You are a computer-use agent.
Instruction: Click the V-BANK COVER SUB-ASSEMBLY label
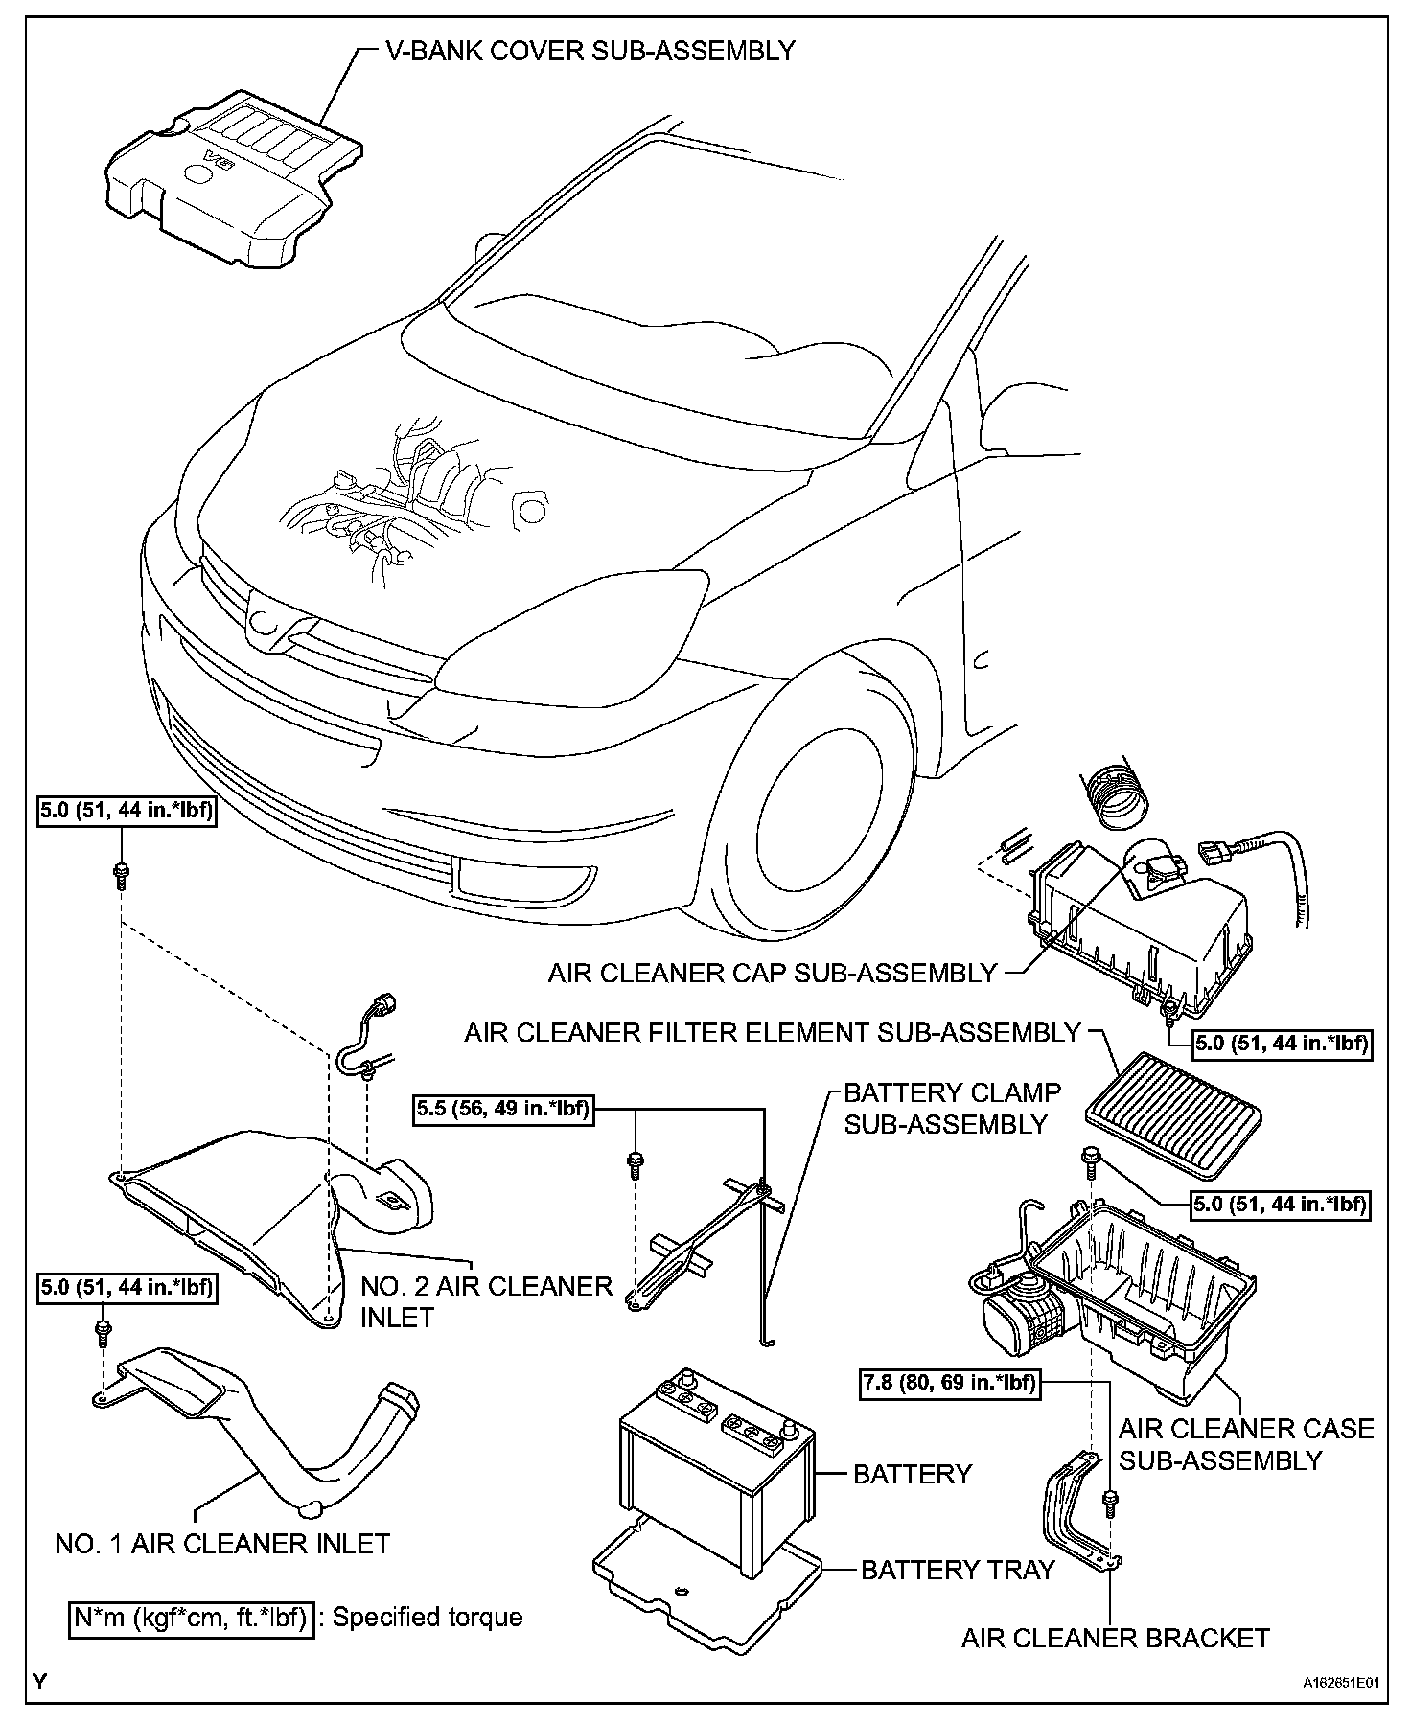[x=590, y=51]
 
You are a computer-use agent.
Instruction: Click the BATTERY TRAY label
[x=957, y=1570]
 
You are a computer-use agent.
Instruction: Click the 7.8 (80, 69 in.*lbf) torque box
[x=949, y=1384]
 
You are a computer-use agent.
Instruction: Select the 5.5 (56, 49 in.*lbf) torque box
[x=502, y=1110]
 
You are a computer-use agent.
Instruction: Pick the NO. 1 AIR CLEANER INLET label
[x=222, y=1544]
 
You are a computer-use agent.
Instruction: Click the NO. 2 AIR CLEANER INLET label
[x=485, y=1301]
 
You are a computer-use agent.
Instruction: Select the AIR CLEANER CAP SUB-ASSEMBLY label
[x=773, y=974]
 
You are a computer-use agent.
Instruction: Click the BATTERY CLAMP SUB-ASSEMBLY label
[x=951, y=1108]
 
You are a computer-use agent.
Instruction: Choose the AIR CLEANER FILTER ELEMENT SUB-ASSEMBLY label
[x=773, y=1033]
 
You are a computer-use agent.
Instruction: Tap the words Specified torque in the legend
[x=428, y=1618]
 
